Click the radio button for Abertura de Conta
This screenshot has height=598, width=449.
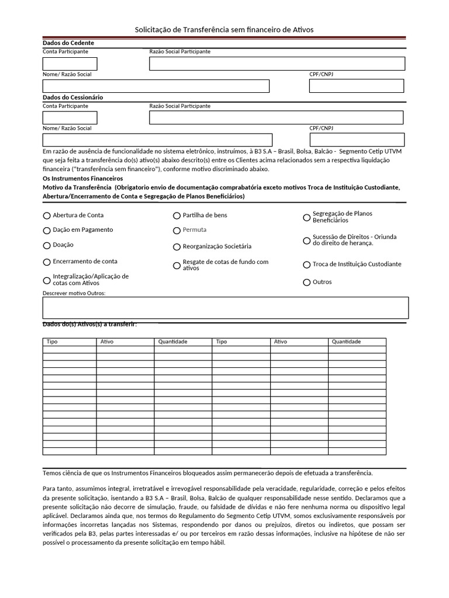pyautogui.click(x=47, y=215)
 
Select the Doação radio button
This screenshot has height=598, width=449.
pyautogui.click(x=47, y=245)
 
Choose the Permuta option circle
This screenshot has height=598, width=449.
pyautogui.click(x=177, y=230)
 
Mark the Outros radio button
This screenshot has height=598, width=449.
pyautogui.click(x=307, y=282)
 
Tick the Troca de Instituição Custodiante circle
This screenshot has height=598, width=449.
pyautogui.click(x=307, y=265)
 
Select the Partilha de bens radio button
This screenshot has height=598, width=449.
pyautogui.click(x=177, y=215)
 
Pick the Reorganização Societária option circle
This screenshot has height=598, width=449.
pyautogui.click(x=177, y=247)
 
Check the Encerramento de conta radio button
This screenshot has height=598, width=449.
pyautogui.click(x=47, y=262)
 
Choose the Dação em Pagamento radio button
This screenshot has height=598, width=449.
pyautogui.click(x=47, y=230)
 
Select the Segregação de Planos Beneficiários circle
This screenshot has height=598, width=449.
pyautogui.click(x=307, y=217)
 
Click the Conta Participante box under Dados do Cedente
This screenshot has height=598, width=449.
pyautogui.click(x=70, y=64)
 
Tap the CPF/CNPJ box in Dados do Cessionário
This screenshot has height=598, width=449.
pyautogui.click(x=357, y=140)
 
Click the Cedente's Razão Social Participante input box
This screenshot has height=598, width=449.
pyautogui.click(x=277, y=64)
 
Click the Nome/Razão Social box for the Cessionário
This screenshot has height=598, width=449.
pyautogui.click(x=157, y=140)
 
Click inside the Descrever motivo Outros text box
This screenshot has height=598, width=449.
pyautogui.click(x=225, y=308)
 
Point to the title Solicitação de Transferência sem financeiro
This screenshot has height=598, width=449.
pyautogui.click(x=224, y=29)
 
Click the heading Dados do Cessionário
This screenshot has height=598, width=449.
pyautogui.click(x=72, y=98)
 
